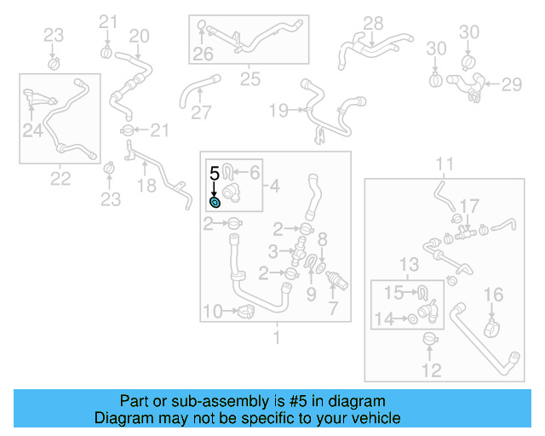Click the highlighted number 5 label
[x=215, y=172]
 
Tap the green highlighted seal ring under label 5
[x=215, y=202]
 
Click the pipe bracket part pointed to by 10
[x=245, y=312]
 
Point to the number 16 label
[x=494, y=295]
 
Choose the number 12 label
[x=432, y=370]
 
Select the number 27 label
[x=201, y=113]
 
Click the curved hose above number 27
[x=194, y=89]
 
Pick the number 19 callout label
[x=279, y=110]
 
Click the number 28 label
[x=374, y=23]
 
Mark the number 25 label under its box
[x=250, y=79]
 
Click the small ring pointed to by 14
[x=413, y=319]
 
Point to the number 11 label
[x=445, y=163]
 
